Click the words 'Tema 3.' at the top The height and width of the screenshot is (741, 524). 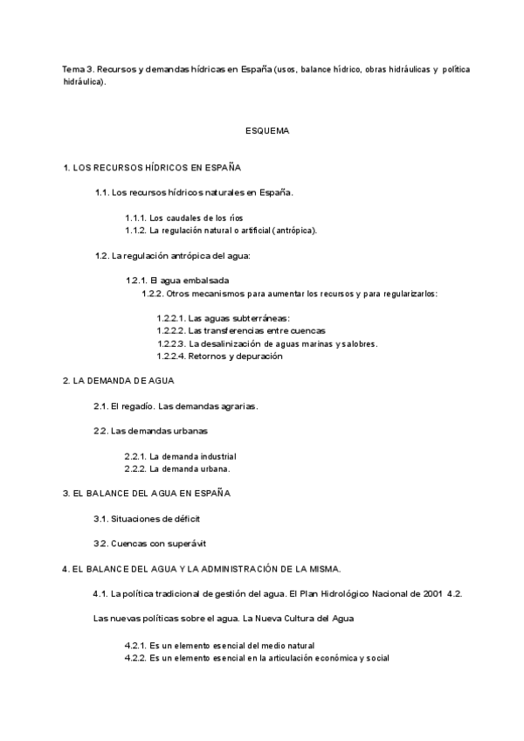pyautogui.click(x=78, y=68)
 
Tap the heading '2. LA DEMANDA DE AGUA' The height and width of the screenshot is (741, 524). pyautogui.click(x=119, y=381)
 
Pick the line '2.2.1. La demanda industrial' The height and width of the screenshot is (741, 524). pyautogui.click(x=181, y=456)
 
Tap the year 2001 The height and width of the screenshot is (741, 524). pyautogui.click(x=430, y=593)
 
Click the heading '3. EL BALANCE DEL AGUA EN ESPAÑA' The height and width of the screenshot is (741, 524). pyautogui.click(x=146, y=494)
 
